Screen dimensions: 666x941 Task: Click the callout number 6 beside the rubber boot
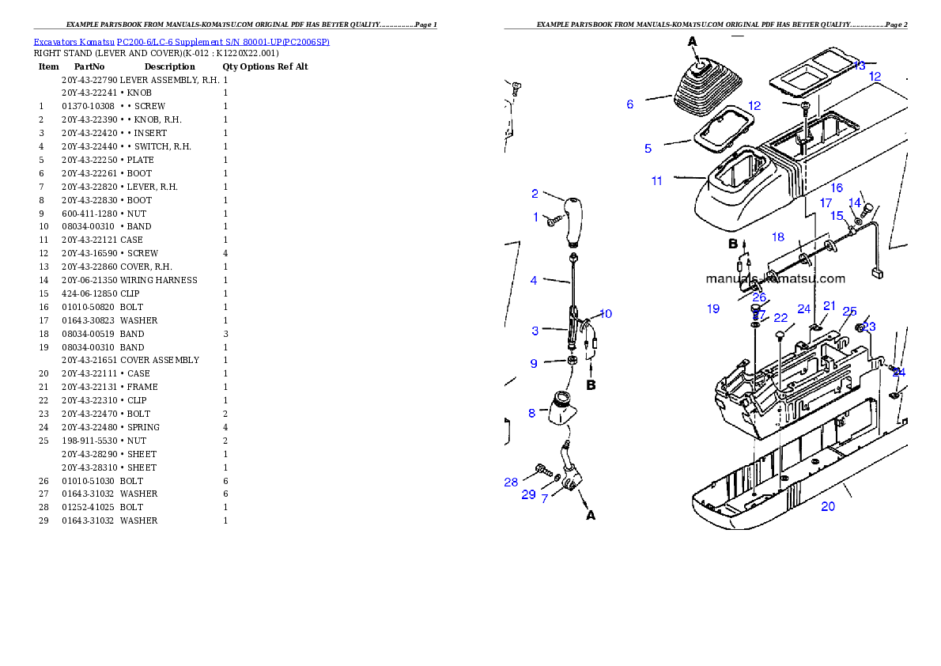click(629, 104)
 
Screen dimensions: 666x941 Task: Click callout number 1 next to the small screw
click(535, 218)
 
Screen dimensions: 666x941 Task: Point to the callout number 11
click(657, 181)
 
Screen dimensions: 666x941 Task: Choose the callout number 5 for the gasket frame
click(648, 148)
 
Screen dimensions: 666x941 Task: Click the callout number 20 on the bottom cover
click(827, 506)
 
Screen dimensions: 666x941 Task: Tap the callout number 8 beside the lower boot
click(531, 413)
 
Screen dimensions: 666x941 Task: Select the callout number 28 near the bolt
click(511, 482)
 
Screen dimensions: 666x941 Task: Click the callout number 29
click(528, 495)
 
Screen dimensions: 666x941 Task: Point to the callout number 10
click(605, 314)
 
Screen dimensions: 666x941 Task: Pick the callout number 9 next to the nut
click(534, 364)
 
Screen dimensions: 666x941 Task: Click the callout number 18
click(778, 237)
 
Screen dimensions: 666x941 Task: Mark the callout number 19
click(713, 309)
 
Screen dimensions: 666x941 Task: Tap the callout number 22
click(780, 318)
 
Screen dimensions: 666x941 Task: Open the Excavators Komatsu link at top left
click(181, 41)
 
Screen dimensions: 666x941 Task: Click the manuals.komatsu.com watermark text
click(775, 278)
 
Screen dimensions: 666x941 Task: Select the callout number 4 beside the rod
click(534, 281)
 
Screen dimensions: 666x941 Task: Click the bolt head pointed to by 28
click(542, 468)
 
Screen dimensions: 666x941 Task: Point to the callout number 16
click(837, 188)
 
